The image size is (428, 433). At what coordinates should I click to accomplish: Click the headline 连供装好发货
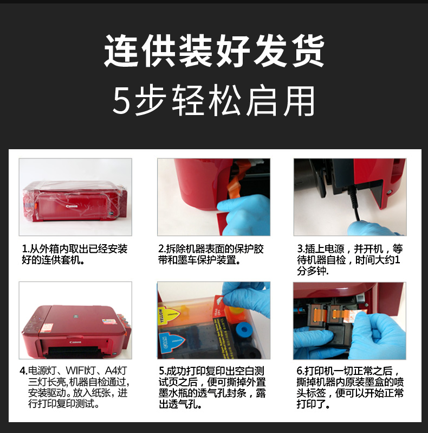214,51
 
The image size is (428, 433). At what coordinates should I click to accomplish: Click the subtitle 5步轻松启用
214,100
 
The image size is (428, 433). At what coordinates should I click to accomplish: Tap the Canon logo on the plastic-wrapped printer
72,206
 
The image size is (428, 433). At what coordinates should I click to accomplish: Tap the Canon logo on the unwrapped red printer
75,342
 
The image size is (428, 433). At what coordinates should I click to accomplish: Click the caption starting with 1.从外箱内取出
74,254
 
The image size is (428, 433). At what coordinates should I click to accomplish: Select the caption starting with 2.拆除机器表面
211,254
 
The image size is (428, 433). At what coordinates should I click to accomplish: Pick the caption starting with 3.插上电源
349,260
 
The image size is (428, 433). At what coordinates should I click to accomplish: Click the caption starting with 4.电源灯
74,387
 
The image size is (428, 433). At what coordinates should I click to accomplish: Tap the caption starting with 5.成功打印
212,387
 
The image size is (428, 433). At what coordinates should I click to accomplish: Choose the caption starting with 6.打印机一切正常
350,387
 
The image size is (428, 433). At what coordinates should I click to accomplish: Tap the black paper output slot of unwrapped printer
73,352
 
